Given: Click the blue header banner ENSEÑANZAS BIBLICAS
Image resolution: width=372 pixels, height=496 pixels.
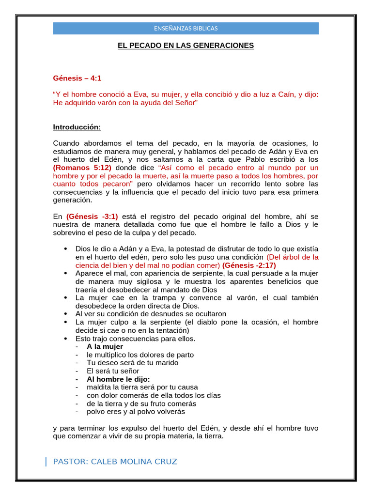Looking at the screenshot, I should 186,28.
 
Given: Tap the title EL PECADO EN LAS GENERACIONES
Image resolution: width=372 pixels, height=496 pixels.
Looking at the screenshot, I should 186,46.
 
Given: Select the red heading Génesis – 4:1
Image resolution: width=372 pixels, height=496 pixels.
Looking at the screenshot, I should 77,78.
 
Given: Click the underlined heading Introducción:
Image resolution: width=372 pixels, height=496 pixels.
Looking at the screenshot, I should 77,127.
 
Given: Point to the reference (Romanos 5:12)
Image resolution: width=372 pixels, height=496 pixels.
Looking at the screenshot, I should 82,168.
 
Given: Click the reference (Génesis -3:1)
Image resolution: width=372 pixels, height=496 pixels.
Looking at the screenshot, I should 92,217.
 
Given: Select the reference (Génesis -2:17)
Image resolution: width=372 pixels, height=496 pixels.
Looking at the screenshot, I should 248,265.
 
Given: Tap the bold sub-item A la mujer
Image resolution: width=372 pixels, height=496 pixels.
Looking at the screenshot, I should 105,347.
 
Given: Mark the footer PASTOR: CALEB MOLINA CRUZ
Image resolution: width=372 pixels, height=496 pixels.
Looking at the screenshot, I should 115,462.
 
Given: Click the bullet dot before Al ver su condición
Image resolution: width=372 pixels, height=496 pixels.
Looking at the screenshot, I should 65,314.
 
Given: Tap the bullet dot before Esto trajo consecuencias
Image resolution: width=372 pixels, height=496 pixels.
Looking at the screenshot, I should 65,339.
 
